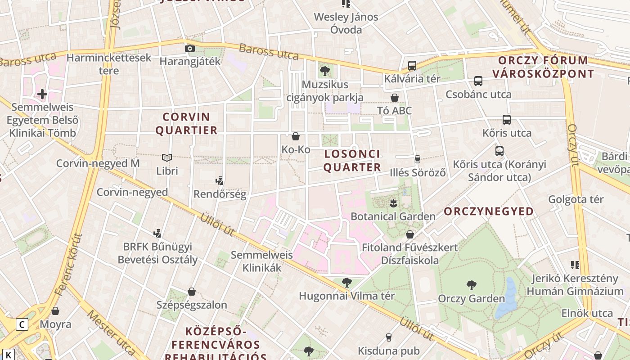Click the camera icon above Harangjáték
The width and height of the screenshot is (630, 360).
(x=190, y=48)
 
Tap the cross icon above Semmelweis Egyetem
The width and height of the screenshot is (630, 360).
(x=42, y=94)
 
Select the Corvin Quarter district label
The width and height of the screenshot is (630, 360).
(x=186, y=124)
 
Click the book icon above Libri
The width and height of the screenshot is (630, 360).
(x=167, y=157)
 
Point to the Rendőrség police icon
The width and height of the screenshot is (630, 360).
(x=220, y=181)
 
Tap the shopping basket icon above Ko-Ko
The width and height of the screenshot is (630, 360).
(x=296, y=136)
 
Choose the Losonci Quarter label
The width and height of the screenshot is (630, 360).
(x=352, y=161)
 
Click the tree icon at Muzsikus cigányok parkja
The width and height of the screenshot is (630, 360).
(x=324, y=71)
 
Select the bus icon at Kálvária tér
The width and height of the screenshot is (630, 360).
(x=412, y=65)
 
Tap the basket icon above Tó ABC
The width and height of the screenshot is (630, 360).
(x=395, y=98)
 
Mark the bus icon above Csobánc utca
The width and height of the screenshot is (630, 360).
(x=478, y=81)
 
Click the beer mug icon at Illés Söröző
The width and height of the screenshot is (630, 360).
(x=418, y=159)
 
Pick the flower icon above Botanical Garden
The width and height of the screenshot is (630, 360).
(x=393, y=203)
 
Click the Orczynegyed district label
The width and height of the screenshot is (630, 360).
(x=489, y=211)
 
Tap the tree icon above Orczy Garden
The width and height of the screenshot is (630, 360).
(x=471, y=285)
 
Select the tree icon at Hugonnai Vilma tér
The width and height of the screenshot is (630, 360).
(x=346, y=283)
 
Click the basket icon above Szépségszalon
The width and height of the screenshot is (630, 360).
(x=192, y=292)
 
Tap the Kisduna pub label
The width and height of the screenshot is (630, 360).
(x=389, y=351)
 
